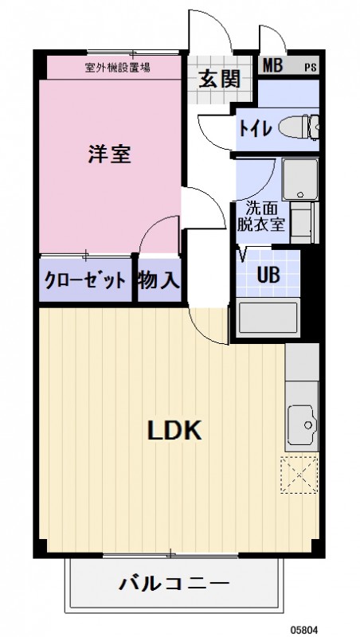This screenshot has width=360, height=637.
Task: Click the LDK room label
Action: point(176,431)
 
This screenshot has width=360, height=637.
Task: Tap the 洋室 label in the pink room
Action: point(109,154)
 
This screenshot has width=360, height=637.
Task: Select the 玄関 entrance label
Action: point(213,80)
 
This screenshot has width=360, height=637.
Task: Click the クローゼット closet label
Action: point(84,280)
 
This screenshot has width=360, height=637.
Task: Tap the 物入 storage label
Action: point(158,280)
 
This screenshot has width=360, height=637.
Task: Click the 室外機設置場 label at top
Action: point(119,67)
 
